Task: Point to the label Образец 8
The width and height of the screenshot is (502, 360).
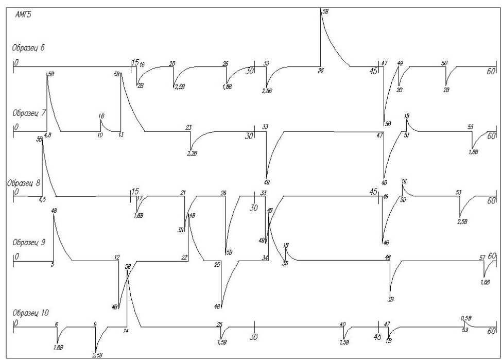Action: point(24,182)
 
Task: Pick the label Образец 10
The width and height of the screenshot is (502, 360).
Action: point(30,313)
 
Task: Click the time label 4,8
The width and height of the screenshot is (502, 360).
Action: point(48,135)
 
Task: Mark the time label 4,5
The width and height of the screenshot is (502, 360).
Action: point(42,199)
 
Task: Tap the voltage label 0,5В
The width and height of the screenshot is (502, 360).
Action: point(465,319)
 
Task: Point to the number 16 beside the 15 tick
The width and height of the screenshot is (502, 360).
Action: point(142,64)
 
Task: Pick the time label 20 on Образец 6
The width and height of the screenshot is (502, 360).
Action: point(172,63)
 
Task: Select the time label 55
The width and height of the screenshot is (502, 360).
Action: point(470,127)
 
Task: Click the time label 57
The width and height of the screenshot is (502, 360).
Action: point(482,258)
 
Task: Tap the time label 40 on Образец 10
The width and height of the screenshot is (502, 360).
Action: point(342,324)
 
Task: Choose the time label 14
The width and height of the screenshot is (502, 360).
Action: point(125,331)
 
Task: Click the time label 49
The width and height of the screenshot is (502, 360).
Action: point(400,63)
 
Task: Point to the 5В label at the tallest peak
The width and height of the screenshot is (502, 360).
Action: point(325,11)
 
